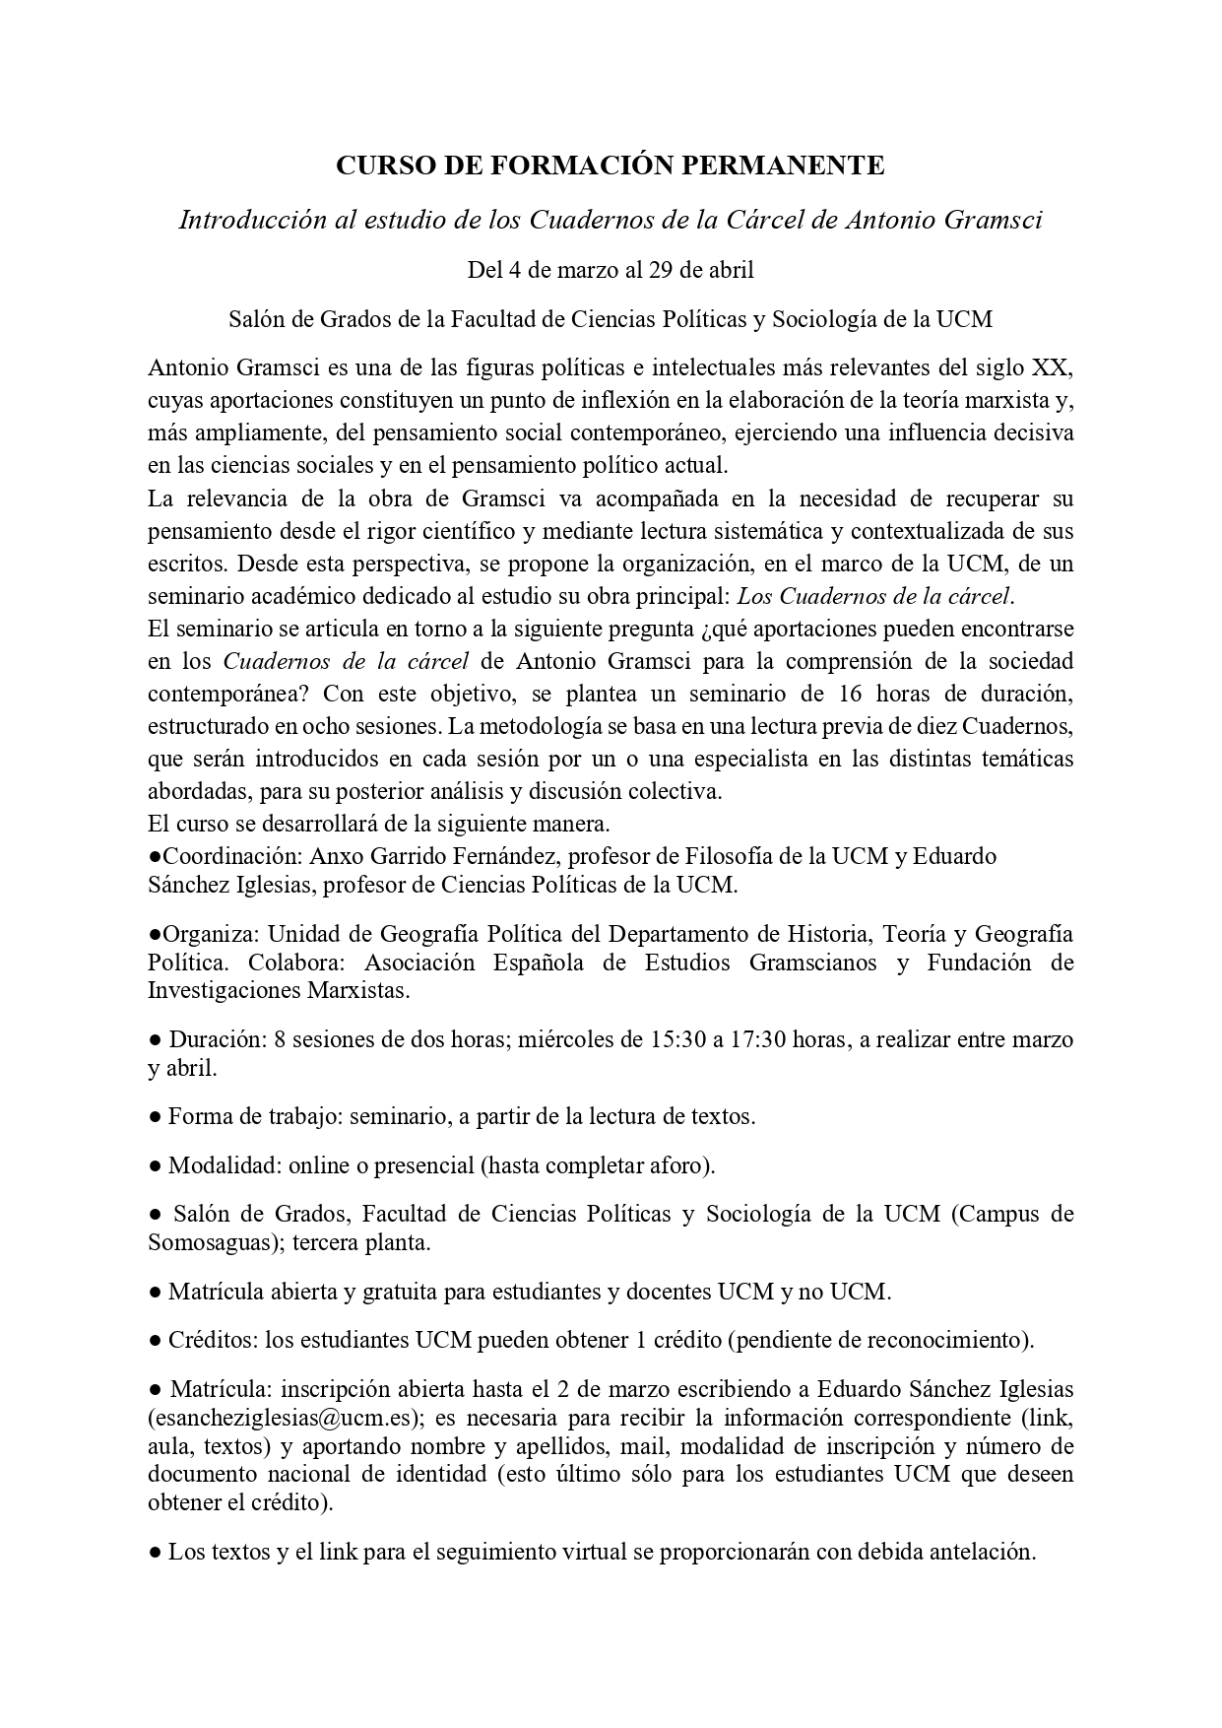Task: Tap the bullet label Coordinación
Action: pyautogui.click(x=215, y=856)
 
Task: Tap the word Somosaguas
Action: pyautogui.click(x=205, y=1242)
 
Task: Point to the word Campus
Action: pyautogui.click(x=1000, y=1214)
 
